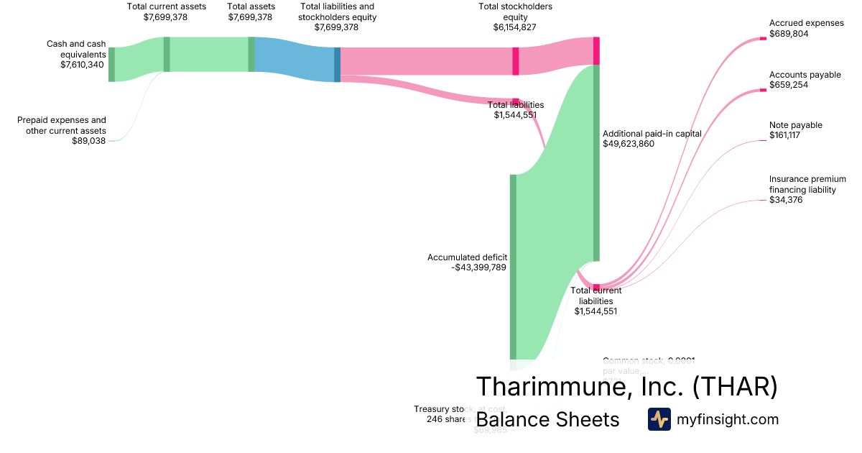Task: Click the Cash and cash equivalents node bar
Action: click(111, 64)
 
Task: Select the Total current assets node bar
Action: click(167, 55)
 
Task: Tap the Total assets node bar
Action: click(251, 55)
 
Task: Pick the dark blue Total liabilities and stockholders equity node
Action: click(338, 65)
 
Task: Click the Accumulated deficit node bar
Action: click(513, 266)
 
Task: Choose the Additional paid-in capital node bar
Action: click(596, 163)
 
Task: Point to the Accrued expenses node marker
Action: click(764, 40)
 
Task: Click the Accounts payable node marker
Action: click(764, 91)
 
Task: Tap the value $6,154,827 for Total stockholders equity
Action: click(514, 27)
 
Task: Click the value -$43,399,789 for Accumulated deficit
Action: click(479, 267)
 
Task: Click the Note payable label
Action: click(795, 125)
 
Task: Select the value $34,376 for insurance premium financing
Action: click(786, 200)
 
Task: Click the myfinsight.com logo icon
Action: click(659, 419)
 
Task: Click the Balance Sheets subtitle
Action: click(547, 419)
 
